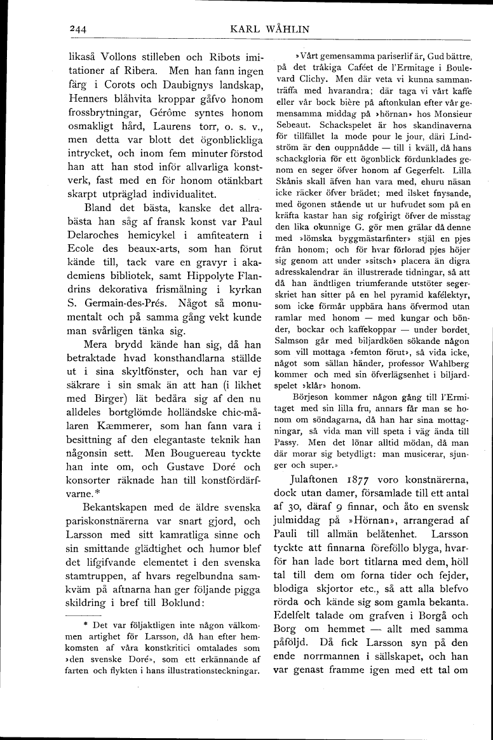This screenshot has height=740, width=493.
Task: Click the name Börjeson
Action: (309, 397)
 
